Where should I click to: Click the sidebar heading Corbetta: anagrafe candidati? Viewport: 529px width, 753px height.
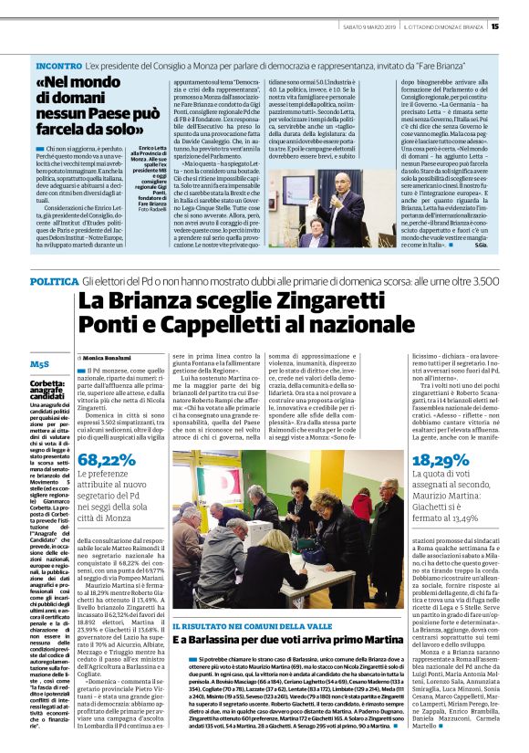(47, 366)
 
